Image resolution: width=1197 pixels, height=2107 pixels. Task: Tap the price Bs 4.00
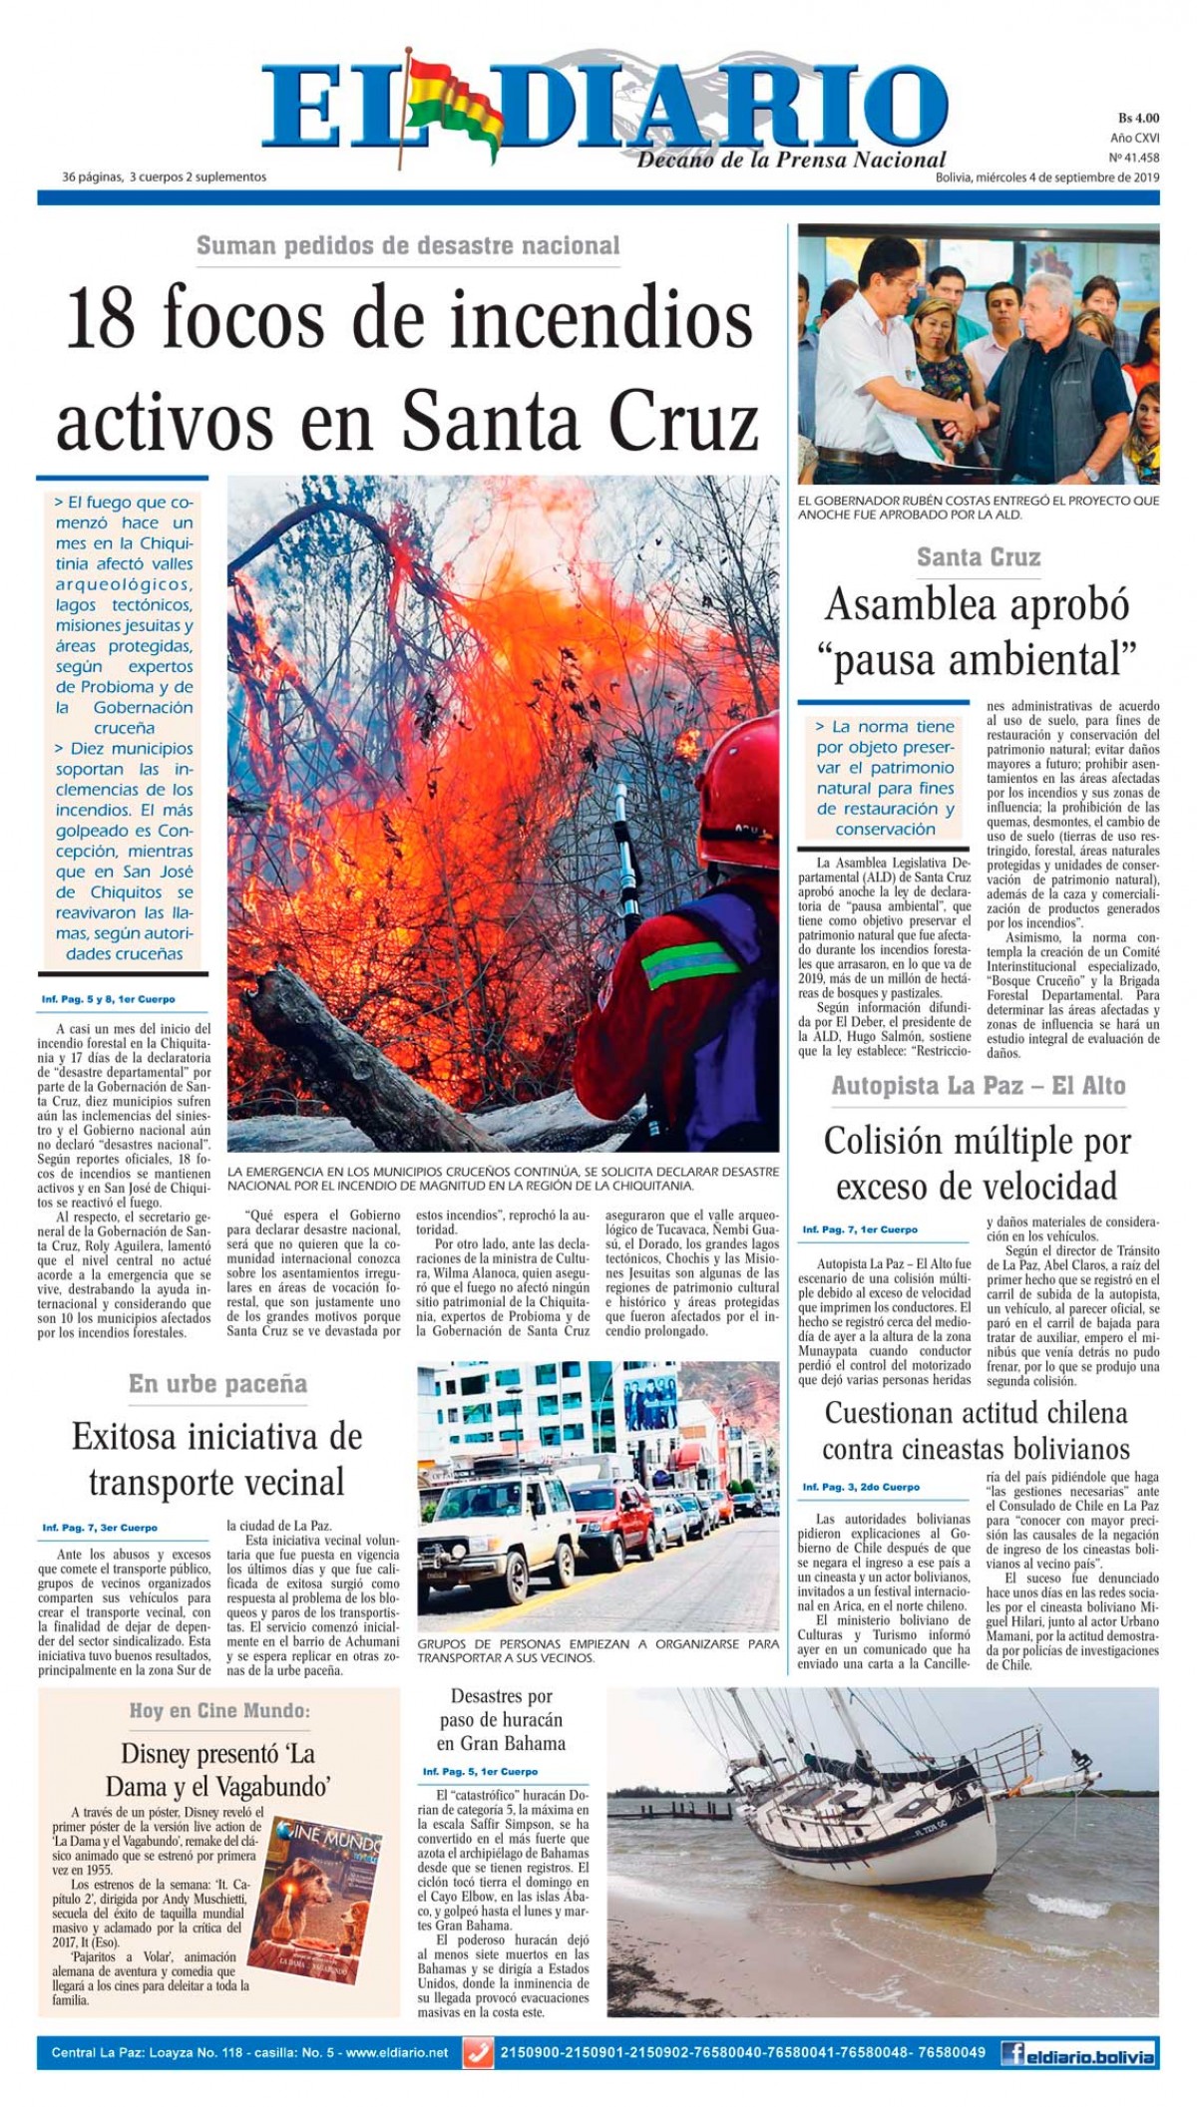coord(1137,119)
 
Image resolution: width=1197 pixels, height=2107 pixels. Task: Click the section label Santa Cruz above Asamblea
coord(978,557)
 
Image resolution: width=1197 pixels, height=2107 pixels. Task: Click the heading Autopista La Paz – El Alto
coord(978,1086)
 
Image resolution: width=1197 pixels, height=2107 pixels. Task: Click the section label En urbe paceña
coord(217,1384)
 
